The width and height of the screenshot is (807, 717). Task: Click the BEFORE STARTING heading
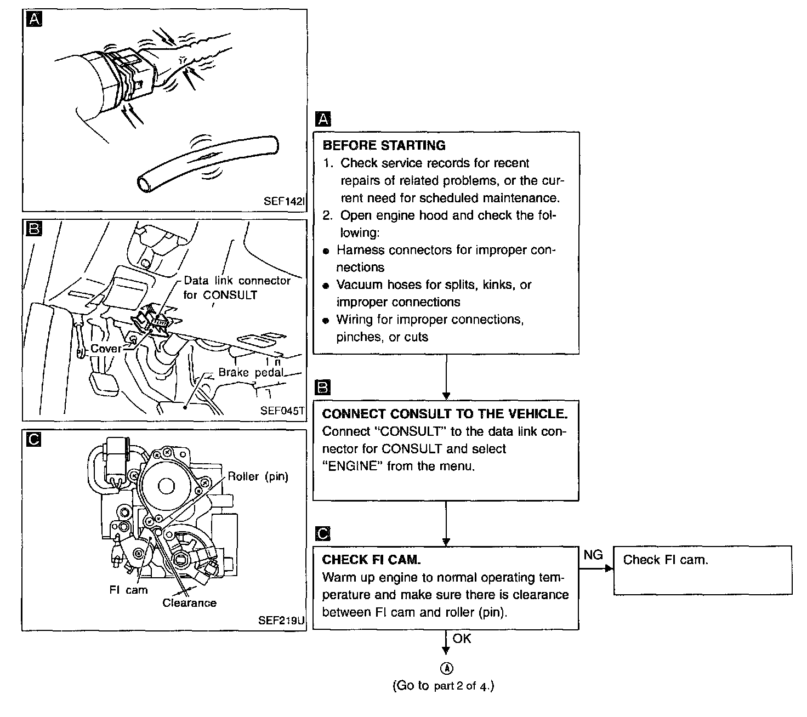pos(384,146)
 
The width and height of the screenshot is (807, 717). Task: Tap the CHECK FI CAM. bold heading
pos(371,560)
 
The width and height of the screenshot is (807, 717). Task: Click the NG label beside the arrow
pos(593,555)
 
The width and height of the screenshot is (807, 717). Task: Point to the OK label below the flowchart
pos(462,639)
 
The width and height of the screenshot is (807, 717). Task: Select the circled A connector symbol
pos(447,668)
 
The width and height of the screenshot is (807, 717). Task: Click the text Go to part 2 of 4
pos(444,686)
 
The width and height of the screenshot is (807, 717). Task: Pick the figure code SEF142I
pos(283,201)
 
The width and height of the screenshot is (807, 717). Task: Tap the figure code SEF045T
pos(282,410)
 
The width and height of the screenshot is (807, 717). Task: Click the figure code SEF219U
pos(281,621)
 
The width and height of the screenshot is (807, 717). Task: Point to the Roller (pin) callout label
pos(258,476)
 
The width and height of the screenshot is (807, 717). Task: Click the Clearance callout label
pos(189,603)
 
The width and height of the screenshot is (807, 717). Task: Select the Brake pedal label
pos(251,373)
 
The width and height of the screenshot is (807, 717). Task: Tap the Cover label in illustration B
pos(106,349)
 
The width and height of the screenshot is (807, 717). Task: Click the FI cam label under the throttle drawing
pos(128,590)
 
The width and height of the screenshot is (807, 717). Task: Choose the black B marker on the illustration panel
pos(34,230)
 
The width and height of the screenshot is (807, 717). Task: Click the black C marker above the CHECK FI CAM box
pos(323,533)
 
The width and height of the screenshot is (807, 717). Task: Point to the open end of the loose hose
pos(145,184)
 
